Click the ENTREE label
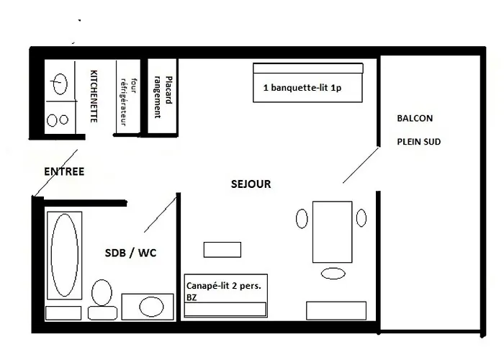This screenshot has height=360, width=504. (64, 171)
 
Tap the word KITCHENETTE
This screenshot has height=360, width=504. (93, 96)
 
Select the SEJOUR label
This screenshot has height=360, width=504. (251, 184)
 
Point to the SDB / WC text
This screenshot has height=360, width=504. (130, 253)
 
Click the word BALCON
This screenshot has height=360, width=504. (415, 118)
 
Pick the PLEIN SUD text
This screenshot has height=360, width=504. (418, 142)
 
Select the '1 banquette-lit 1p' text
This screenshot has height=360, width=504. (307, 89)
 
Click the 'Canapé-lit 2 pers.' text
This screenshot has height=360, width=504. (223, 286)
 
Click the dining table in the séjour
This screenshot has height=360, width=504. (332, 232)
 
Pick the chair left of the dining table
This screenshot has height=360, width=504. (302, 218)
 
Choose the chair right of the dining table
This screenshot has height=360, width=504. (361, 217)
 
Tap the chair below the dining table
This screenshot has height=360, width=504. (333, 273)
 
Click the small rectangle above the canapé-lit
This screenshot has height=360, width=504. (222, 249)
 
